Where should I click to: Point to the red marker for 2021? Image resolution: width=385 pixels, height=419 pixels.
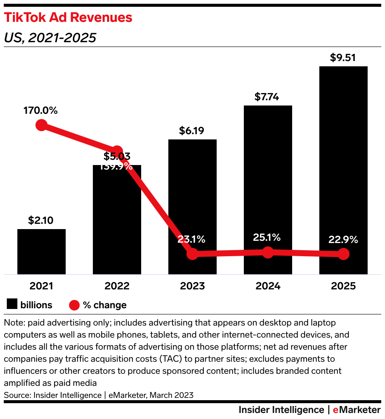[41, 125]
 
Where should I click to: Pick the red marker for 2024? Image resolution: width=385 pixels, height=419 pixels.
[268, 252]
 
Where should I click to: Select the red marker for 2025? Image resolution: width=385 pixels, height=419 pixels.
[343, 254]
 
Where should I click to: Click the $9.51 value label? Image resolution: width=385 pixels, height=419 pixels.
[343, 58]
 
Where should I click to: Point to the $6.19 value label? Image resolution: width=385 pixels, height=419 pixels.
[192, 131]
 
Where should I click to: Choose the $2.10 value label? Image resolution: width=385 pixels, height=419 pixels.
[41, 220]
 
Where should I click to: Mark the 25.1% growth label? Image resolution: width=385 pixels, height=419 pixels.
[267, 237]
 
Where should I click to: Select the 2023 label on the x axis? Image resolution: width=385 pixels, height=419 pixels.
[192, 286]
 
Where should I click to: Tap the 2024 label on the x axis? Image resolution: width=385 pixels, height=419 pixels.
[268, 286]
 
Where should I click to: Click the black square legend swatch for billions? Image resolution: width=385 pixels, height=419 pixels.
[12, 304]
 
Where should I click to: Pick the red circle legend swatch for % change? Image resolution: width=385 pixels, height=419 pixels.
[74, 304]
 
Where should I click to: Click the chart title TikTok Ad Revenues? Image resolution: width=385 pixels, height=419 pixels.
[68, 17]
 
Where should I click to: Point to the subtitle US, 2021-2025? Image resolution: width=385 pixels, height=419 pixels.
[50, 38]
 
